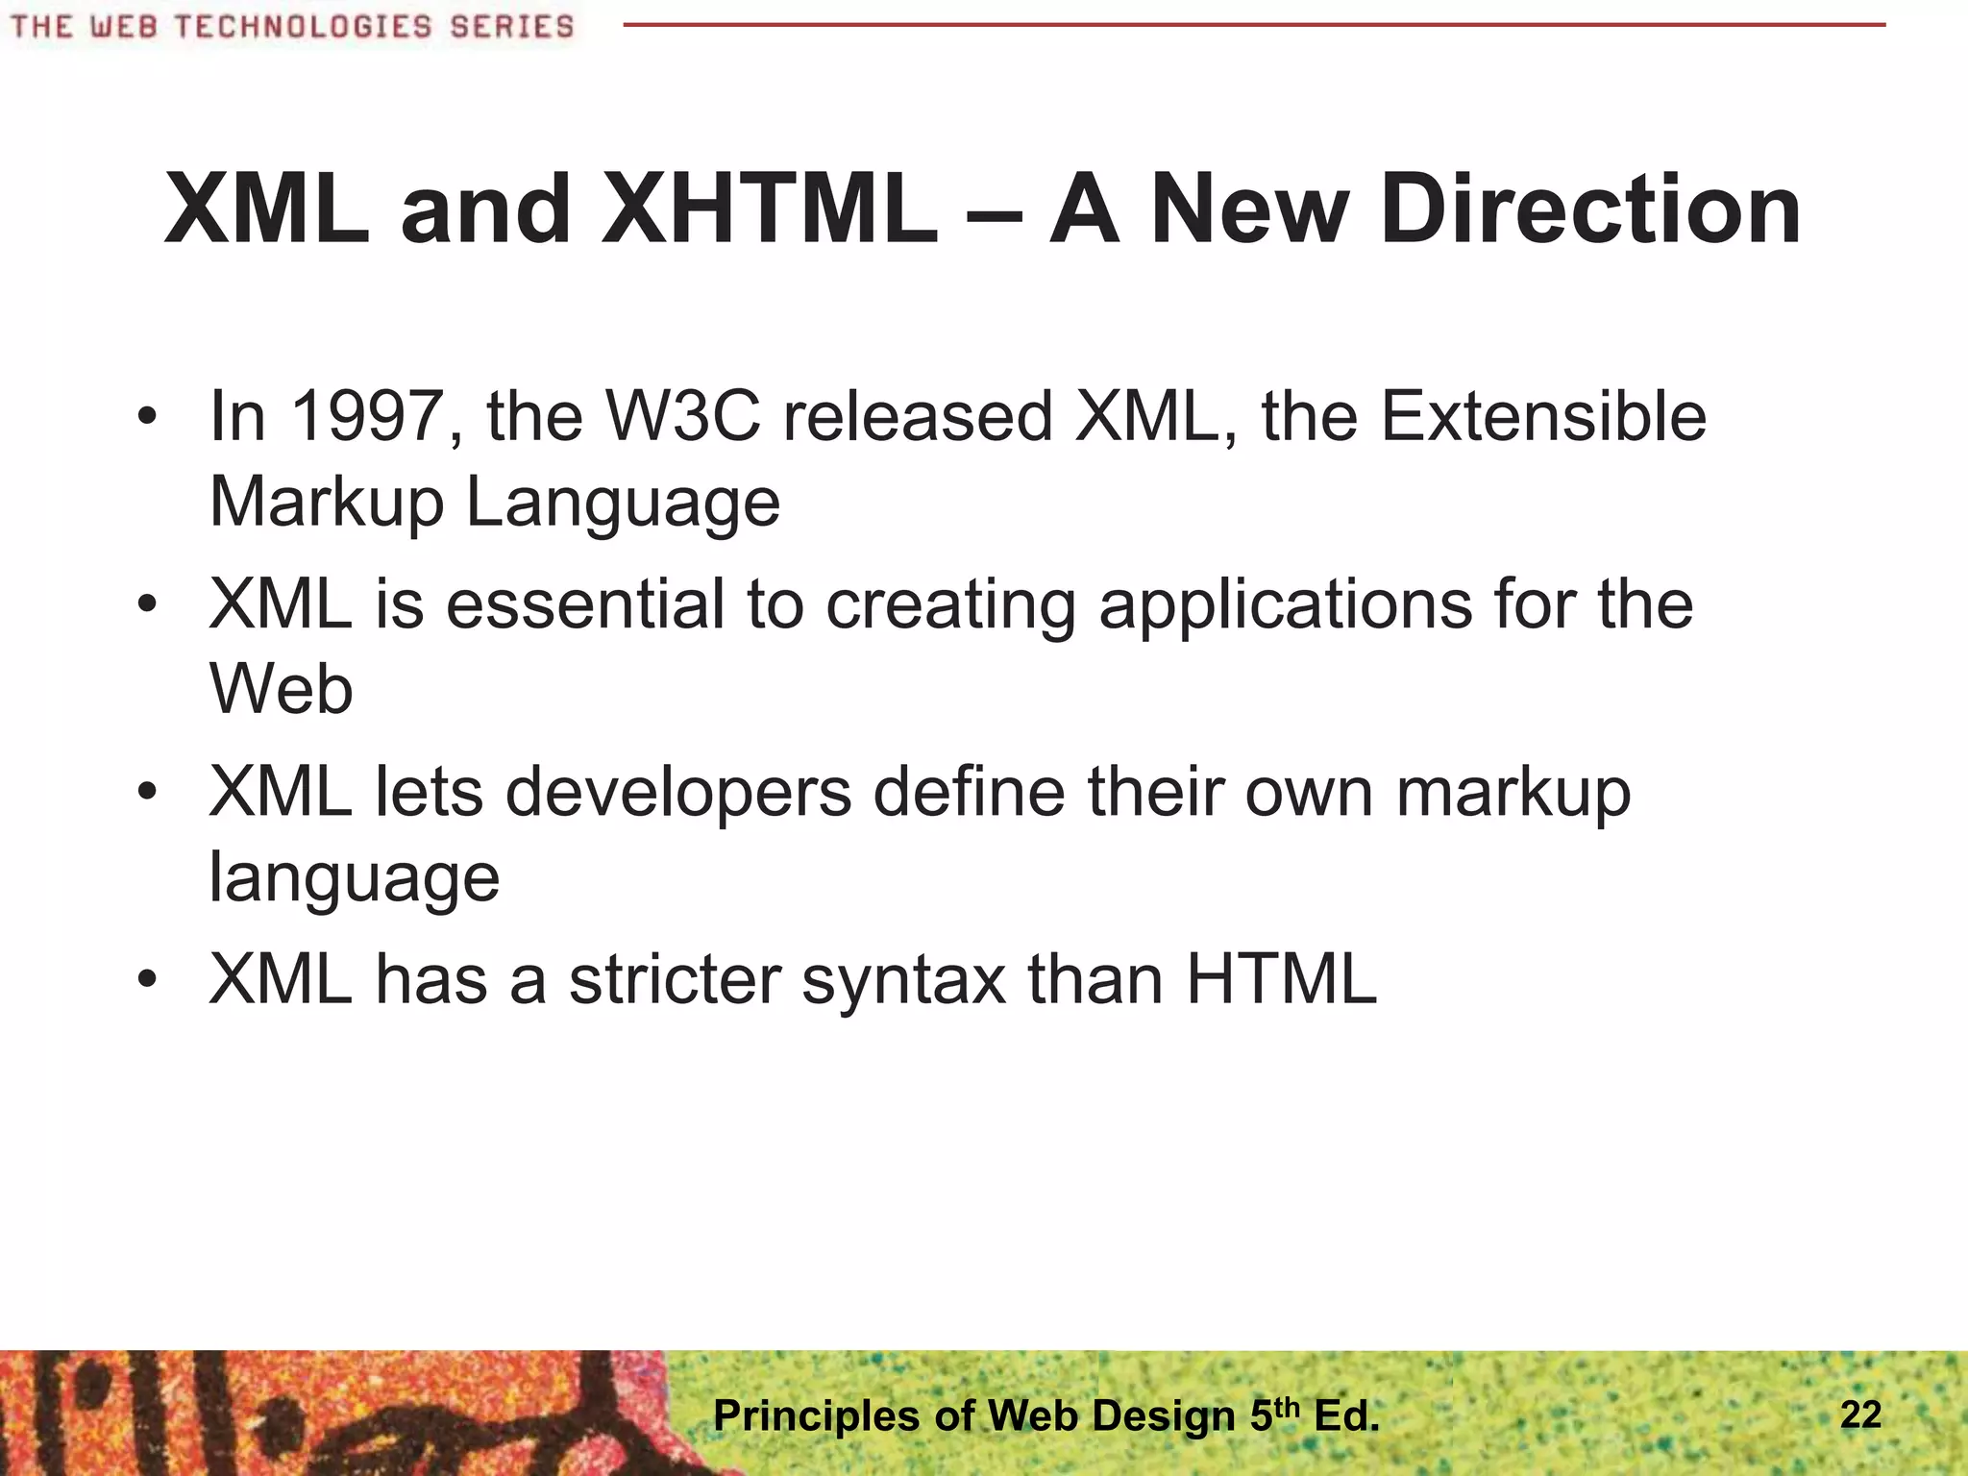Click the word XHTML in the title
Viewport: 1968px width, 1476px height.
(x=769, y=209)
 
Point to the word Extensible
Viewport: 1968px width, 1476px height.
(x=1543, y=417)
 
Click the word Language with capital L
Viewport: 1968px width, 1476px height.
(x=623, y=504)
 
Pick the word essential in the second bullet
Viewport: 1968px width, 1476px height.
(x=585, y=604)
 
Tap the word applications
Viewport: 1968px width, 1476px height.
(x=1286, y=606)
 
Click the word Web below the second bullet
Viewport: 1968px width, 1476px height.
(x=281, y=690)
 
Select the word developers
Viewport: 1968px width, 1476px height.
(x=678, y=794)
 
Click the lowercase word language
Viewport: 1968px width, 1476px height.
(x=354, y=878)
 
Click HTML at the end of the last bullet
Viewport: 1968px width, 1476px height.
(x=1282, y=980)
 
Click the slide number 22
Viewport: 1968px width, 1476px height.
(x=1860, y=1414)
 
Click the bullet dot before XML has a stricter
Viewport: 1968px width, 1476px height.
(x=146, y=981)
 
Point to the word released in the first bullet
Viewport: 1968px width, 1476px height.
(x=918, y=417)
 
